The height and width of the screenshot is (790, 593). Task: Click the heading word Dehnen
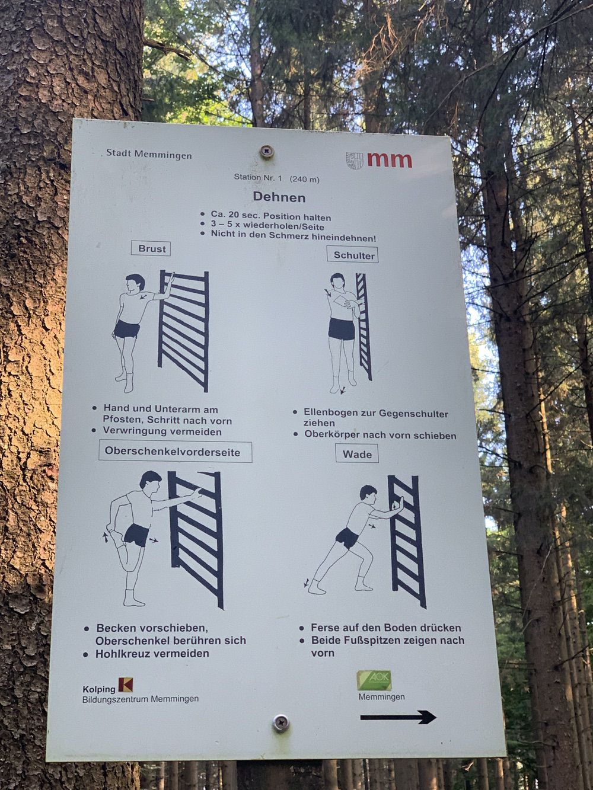click(x=279, y=197)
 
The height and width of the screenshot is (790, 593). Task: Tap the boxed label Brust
click(x=151, y=248)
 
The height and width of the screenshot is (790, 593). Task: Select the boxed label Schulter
click(x=353, y=255)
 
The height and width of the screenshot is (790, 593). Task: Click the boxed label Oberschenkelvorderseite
click(x=176, y=452)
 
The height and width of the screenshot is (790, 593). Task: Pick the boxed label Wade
click(x=357, y=454)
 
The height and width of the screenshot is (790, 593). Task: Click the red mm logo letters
click(x=390, y=160)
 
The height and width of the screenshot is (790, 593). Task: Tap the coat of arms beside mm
click(x=355, y=161)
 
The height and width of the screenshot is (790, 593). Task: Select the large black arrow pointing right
click(x=398, y=707)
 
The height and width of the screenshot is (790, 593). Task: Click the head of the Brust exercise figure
click(x=135, y=283)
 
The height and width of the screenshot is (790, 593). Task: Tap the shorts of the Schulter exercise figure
click(x=342, y=328)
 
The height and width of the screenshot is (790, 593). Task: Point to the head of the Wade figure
click(x=368, y=494)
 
